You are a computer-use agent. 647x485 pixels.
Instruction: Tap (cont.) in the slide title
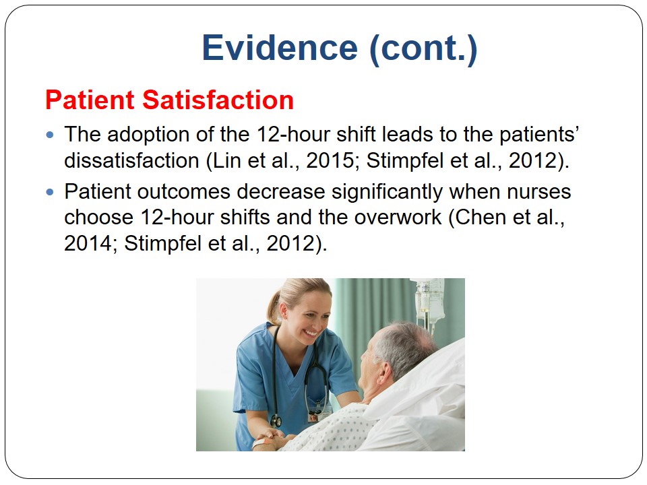point(424,49)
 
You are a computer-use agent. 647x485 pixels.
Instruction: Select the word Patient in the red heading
point(90,100)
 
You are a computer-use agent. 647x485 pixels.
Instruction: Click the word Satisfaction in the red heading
point(218,100)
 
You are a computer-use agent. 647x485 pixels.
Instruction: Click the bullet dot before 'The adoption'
point(50,135)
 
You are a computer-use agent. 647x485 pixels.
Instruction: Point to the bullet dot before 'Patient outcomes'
point(50,192)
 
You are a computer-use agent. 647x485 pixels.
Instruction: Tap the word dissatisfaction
point(132,160)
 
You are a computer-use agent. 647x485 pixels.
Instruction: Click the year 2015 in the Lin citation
point(330,160)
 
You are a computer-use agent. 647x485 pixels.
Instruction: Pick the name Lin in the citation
point(226,160)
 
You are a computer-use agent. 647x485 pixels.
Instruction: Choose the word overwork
point(398,218)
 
